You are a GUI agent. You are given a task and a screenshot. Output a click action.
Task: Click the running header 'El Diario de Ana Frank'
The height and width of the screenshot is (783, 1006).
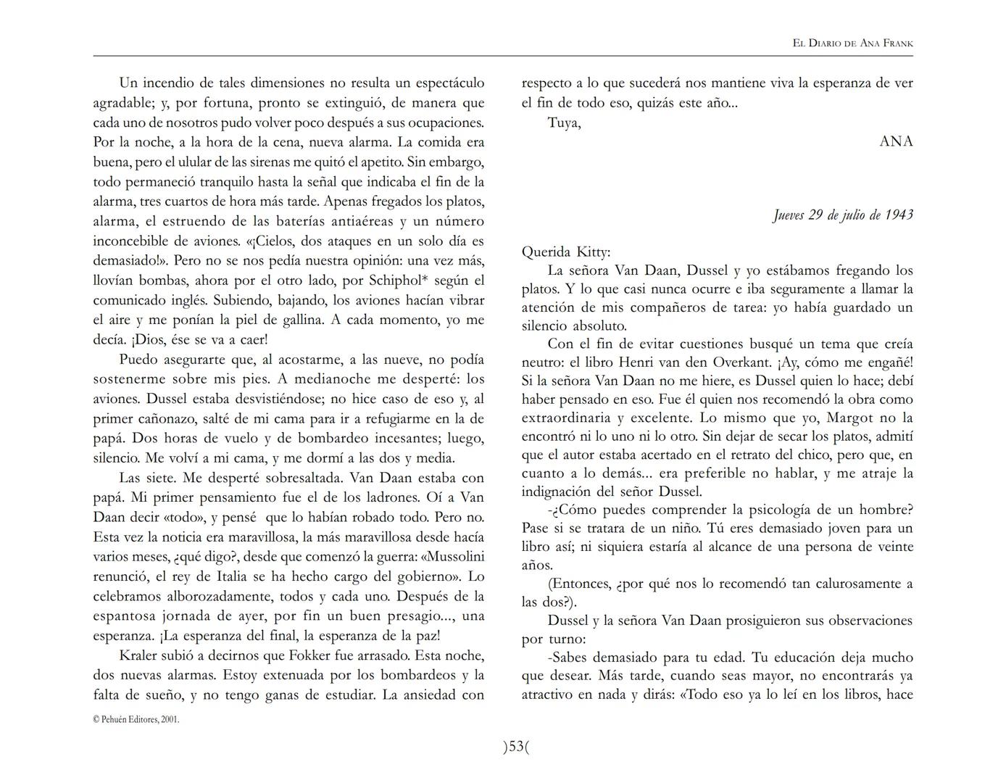[x=852, y=43]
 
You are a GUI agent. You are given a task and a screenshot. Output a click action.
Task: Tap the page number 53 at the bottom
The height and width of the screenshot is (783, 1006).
[x=516, y=747]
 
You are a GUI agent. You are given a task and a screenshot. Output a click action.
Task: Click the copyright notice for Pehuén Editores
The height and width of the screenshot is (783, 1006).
[x=136, y=720]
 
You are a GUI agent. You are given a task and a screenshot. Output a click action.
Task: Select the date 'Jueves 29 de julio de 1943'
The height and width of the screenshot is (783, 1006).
[x=842, y=215]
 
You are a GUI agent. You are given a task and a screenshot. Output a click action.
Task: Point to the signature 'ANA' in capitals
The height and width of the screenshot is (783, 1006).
[x=896, y=141]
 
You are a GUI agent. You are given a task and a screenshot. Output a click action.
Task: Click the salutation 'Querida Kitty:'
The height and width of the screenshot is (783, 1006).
[x=566, y=252]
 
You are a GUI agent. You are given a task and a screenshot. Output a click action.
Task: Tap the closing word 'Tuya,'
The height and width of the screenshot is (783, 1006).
[x=564, y=123]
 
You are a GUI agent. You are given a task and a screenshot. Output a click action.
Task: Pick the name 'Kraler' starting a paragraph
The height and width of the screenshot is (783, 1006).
[x=140, y=655]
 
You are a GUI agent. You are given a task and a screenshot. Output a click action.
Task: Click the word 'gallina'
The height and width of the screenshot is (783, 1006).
[x=301, y=320]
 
